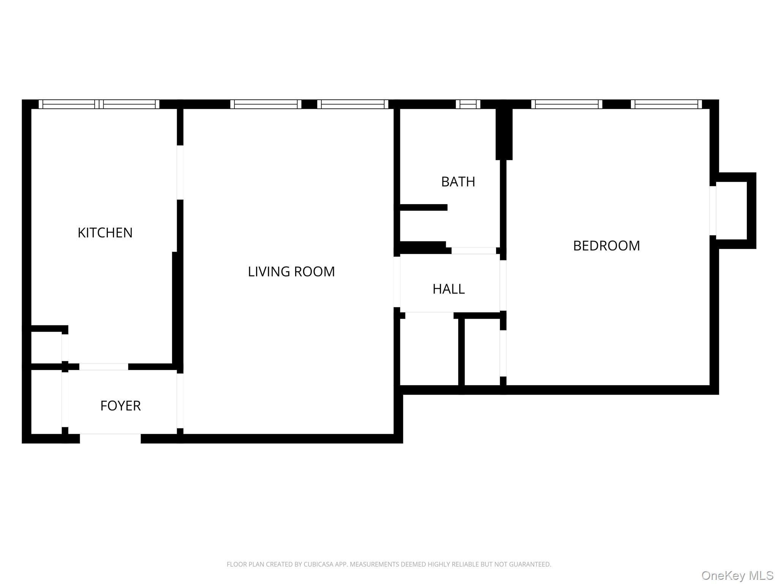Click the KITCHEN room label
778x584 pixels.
[x=105, y=233]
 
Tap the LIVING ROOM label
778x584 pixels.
[x=291, y=271]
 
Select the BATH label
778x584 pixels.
[x=458, y=182]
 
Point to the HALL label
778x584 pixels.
[x=448, y=289]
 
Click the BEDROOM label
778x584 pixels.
[x=606, y=246]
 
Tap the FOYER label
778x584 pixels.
[x=120, y=406]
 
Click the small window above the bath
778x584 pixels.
[x=468, y=104]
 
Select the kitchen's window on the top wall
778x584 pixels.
[x=99, y=104]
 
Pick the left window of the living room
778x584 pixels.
[x=266, y=104]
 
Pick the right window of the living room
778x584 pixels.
[x=353, y=104]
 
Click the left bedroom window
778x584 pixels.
[x=567, y=104]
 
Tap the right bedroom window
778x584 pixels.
[x=666, y=104]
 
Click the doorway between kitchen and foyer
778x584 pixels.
[x=103, y=367]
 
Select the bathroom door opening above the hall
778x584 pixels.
[x=474, y=251]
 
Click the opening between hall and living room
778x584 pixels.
[x=397, y=282]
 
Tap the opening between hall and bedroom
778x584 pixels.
[x=503, y=285]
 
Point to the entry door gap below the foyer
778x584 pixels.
[x=110, y=438]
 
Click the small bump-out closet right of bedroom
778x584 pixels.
[x=732, y=211]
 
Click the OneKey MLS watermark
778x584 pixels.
[x=737, y=575]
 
